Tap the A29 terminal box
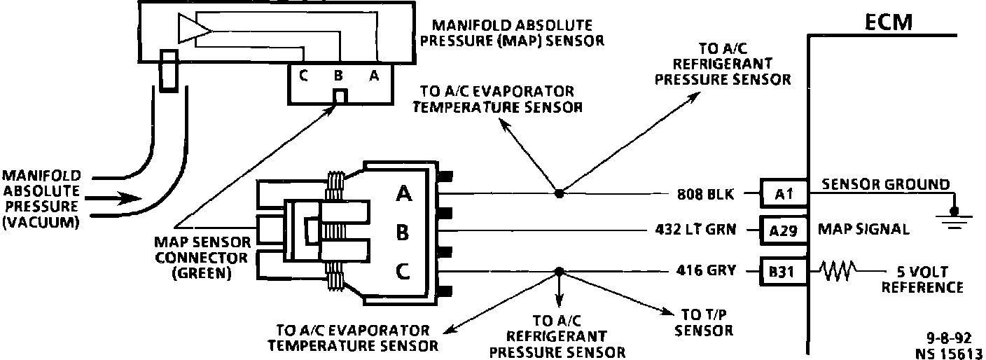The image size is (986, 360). [783, 230]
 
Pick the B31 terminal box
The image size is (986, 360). [783, 271]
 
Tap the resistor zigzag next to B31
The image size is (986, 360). [837, 271]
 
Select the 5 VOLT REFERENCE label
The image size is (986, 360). [922, 279]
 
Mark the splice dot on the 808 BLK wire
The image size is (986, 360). [558, 192]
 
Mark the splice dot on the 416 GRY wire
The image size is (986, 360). [558, 271]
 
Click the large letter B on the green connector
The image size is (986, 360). [403, 232]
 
